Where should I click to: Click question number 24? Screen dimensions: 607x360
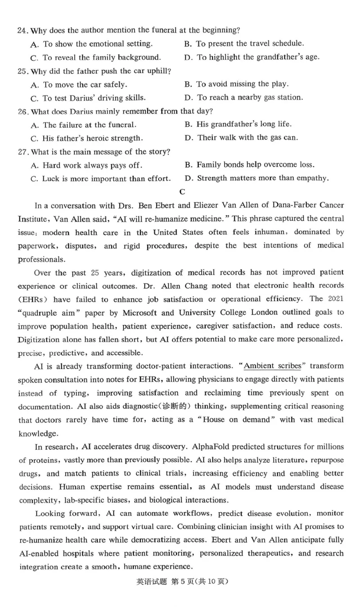22,31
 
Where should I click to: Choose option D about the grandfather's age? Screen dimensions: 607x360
252,57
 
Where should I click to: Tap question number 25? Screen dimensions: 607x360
22,71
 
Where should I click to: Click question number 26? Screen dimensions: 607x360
22,111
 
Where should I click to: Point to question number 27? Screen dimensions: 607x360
22,151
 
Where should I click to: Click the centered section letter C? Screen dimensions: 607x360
182,192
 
